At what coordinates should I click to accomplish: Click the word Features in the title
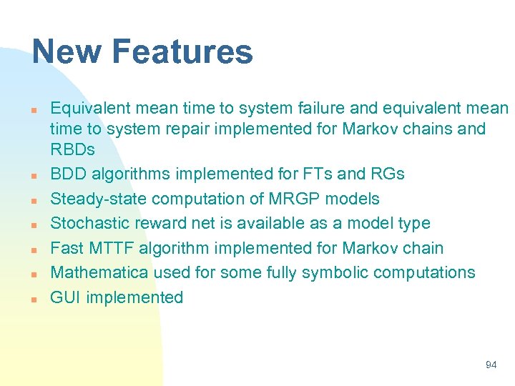(x=182, y=53)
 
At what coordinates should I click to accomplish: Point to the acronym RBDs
(x=73, y=150)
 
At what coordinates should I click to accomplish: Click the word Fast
(x=67, y=248)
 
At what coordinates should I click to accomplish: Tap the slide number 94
(x=491, y=365)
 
